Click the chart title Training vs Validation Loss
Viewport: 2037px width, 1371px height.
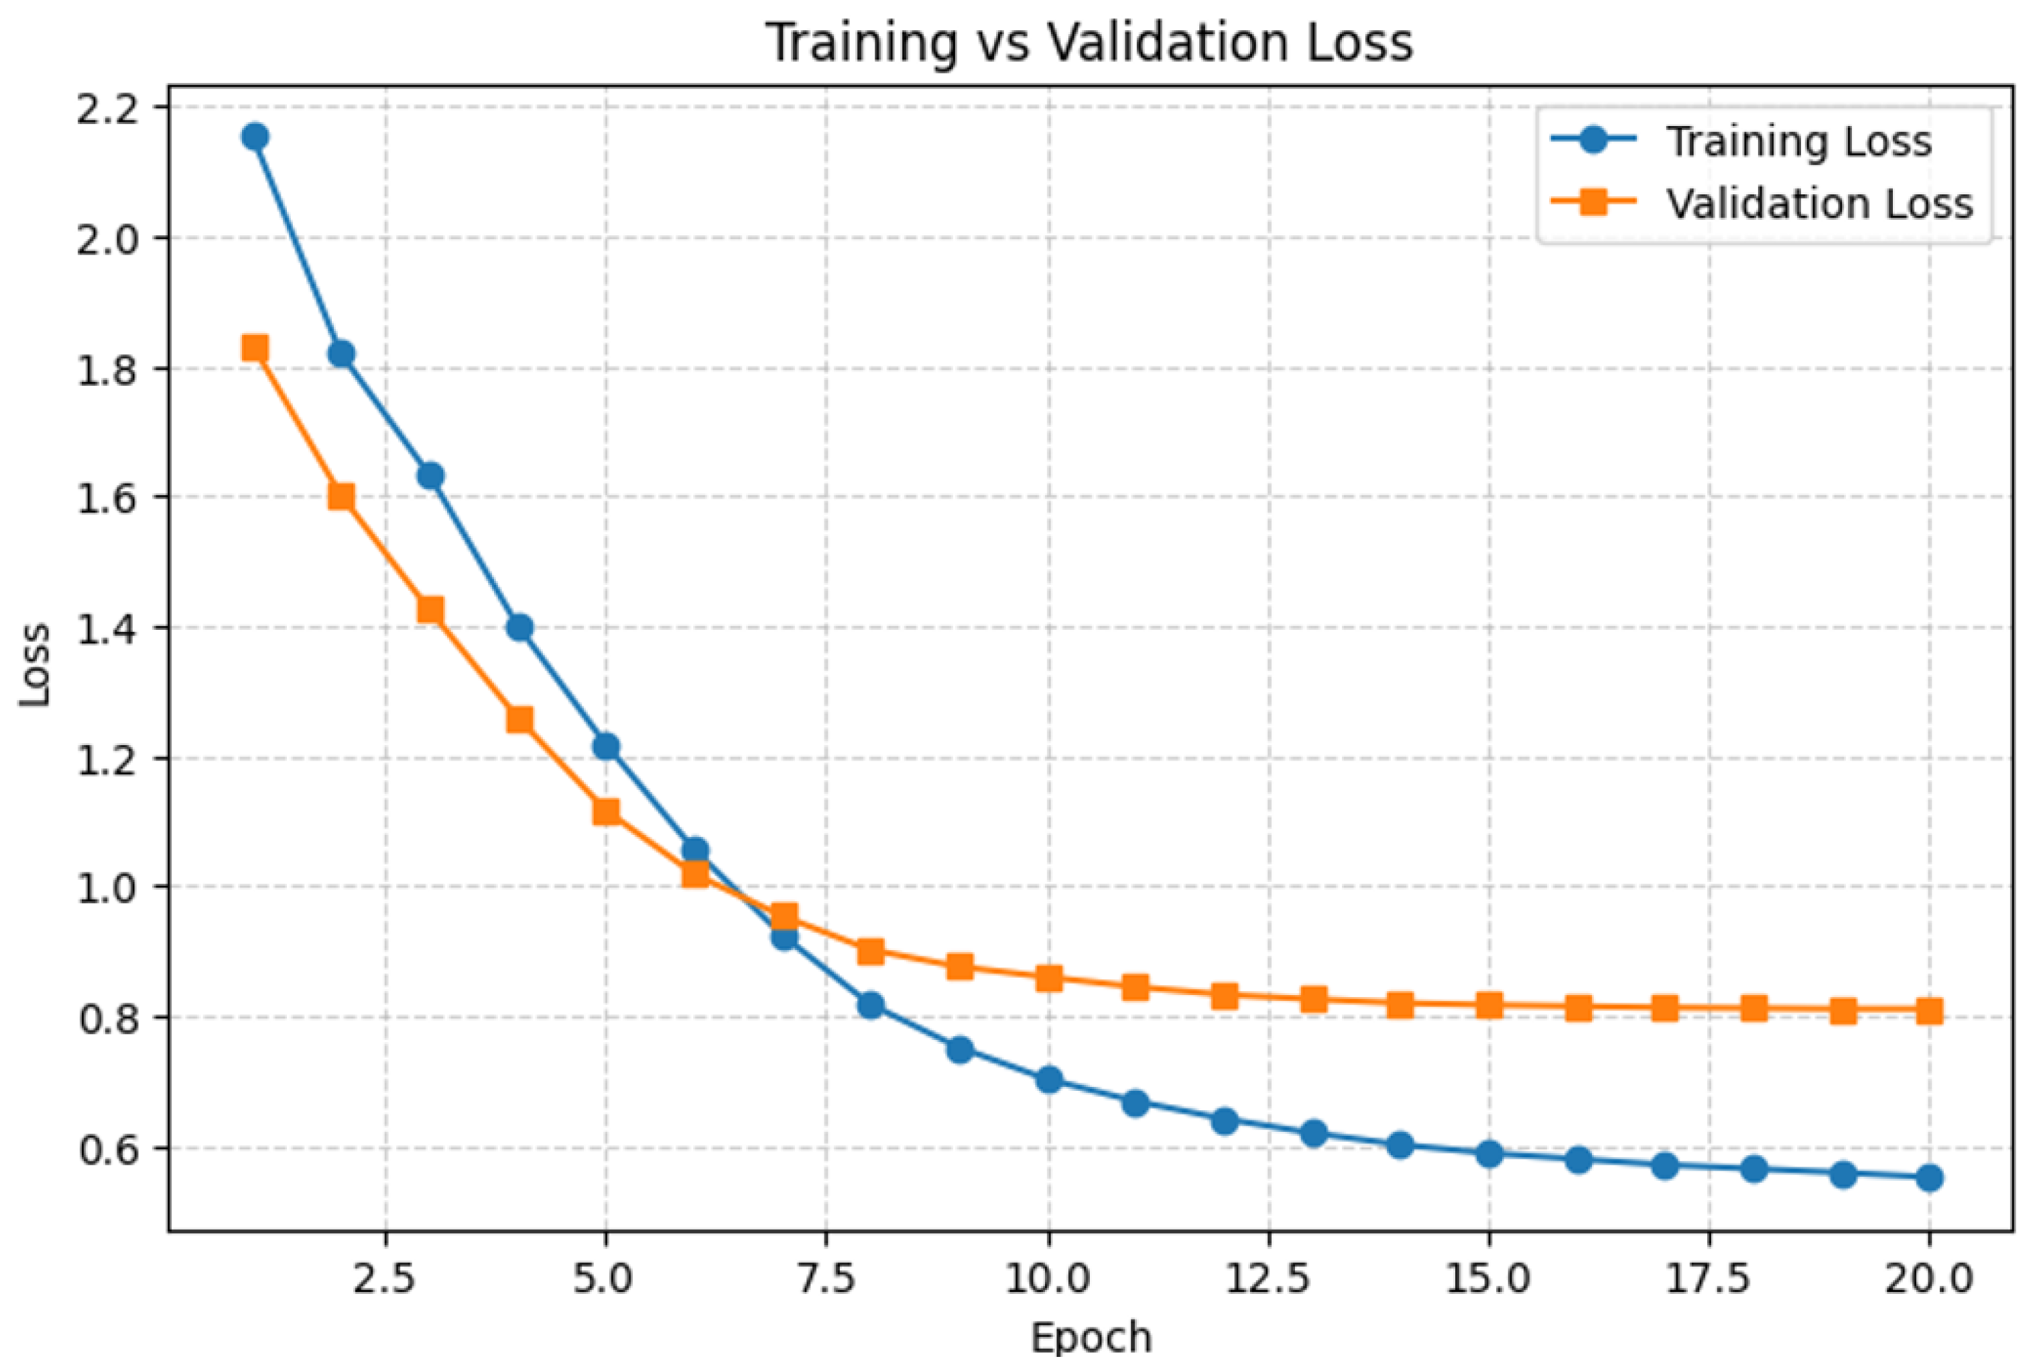tap(1089, 42)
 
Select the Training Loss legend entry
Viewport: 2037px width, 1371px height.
tap(1741, 141)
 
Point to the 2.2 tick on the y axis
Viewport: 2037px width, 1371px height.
tap(109, 109)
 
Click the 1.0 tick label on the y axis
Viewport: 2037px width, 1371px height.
tap(109, 889)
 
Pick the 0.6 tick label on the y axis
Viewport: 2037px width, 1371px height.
tap(109, 1149)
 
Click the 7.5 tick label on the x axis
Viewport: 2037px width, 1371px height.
tap(826, 1279)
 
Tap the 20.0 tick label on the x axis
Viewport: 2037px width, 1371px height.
tap(1928, 1279)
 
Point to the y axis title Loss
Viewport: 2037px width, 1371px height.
tap(35, 665)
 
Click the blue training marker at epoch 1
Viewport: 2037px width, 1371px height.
tap(255, 137)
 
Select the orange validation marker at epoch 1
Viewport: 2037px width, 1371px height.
tap(255, 348)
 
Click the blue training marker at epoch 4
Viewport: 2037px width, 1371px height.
tap(519, 627)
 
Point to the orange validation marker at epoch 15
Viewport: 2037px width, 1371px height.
tap(1489, 1006)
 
